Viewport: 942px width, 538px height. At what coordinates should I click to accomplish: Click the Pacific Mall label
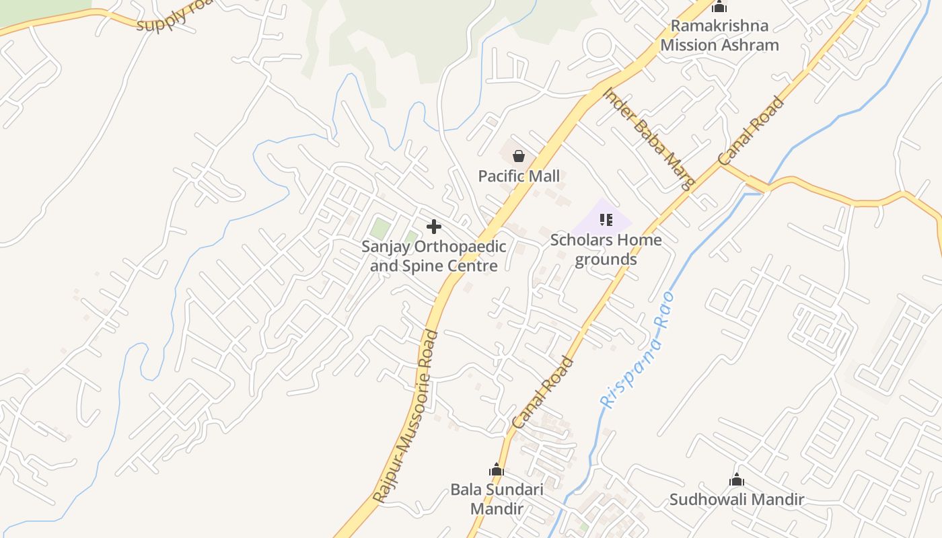[519, 176]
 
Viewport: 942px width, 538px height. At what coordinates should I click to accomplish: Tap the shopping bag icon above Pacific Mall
[519, 157]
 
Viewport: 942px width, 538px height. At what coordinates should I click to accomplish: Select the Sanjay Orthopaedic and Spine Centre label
[434, 256]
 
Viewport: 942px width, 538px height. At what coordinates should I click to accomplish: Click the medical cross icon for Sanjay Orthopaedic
[434, 227]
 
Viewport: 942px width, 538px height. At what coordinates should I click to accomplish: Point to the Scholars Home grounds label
[606, 249]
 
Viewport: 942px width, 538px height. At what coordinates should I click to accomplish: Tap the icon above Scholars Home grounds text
[606, 220]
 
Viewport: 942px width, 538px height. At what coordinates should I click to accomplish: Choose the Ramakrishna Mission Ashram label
[719, 36]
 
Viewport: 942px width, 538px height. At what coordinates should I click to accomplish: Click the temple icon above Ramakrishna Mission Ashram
[719, 7]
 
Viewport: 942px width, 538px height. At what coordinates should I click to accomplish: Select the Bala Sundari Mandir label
[497, 499]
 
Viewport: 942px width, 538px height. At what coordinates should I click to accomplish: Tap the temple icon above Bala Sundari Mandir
[497, 469]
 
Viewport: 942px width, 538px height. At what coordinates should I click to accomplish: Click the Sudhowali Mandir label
[737, 500]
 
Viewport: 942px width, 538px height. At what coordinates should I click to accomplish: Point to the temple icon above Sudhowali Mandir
[737, 480]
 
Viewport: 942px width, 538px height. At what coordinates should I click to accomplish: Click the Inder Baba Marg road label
[648, 139]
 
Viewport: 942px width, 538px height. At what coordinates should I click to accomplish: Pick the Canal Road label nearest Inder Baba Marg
[752, 131]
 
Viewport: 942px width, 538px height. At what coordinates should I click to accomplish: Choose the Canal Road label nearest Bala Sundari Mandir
[543, 393]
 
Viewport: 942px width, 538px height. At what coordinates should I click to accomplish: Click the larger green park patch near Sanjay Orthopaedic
[380, 229]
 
